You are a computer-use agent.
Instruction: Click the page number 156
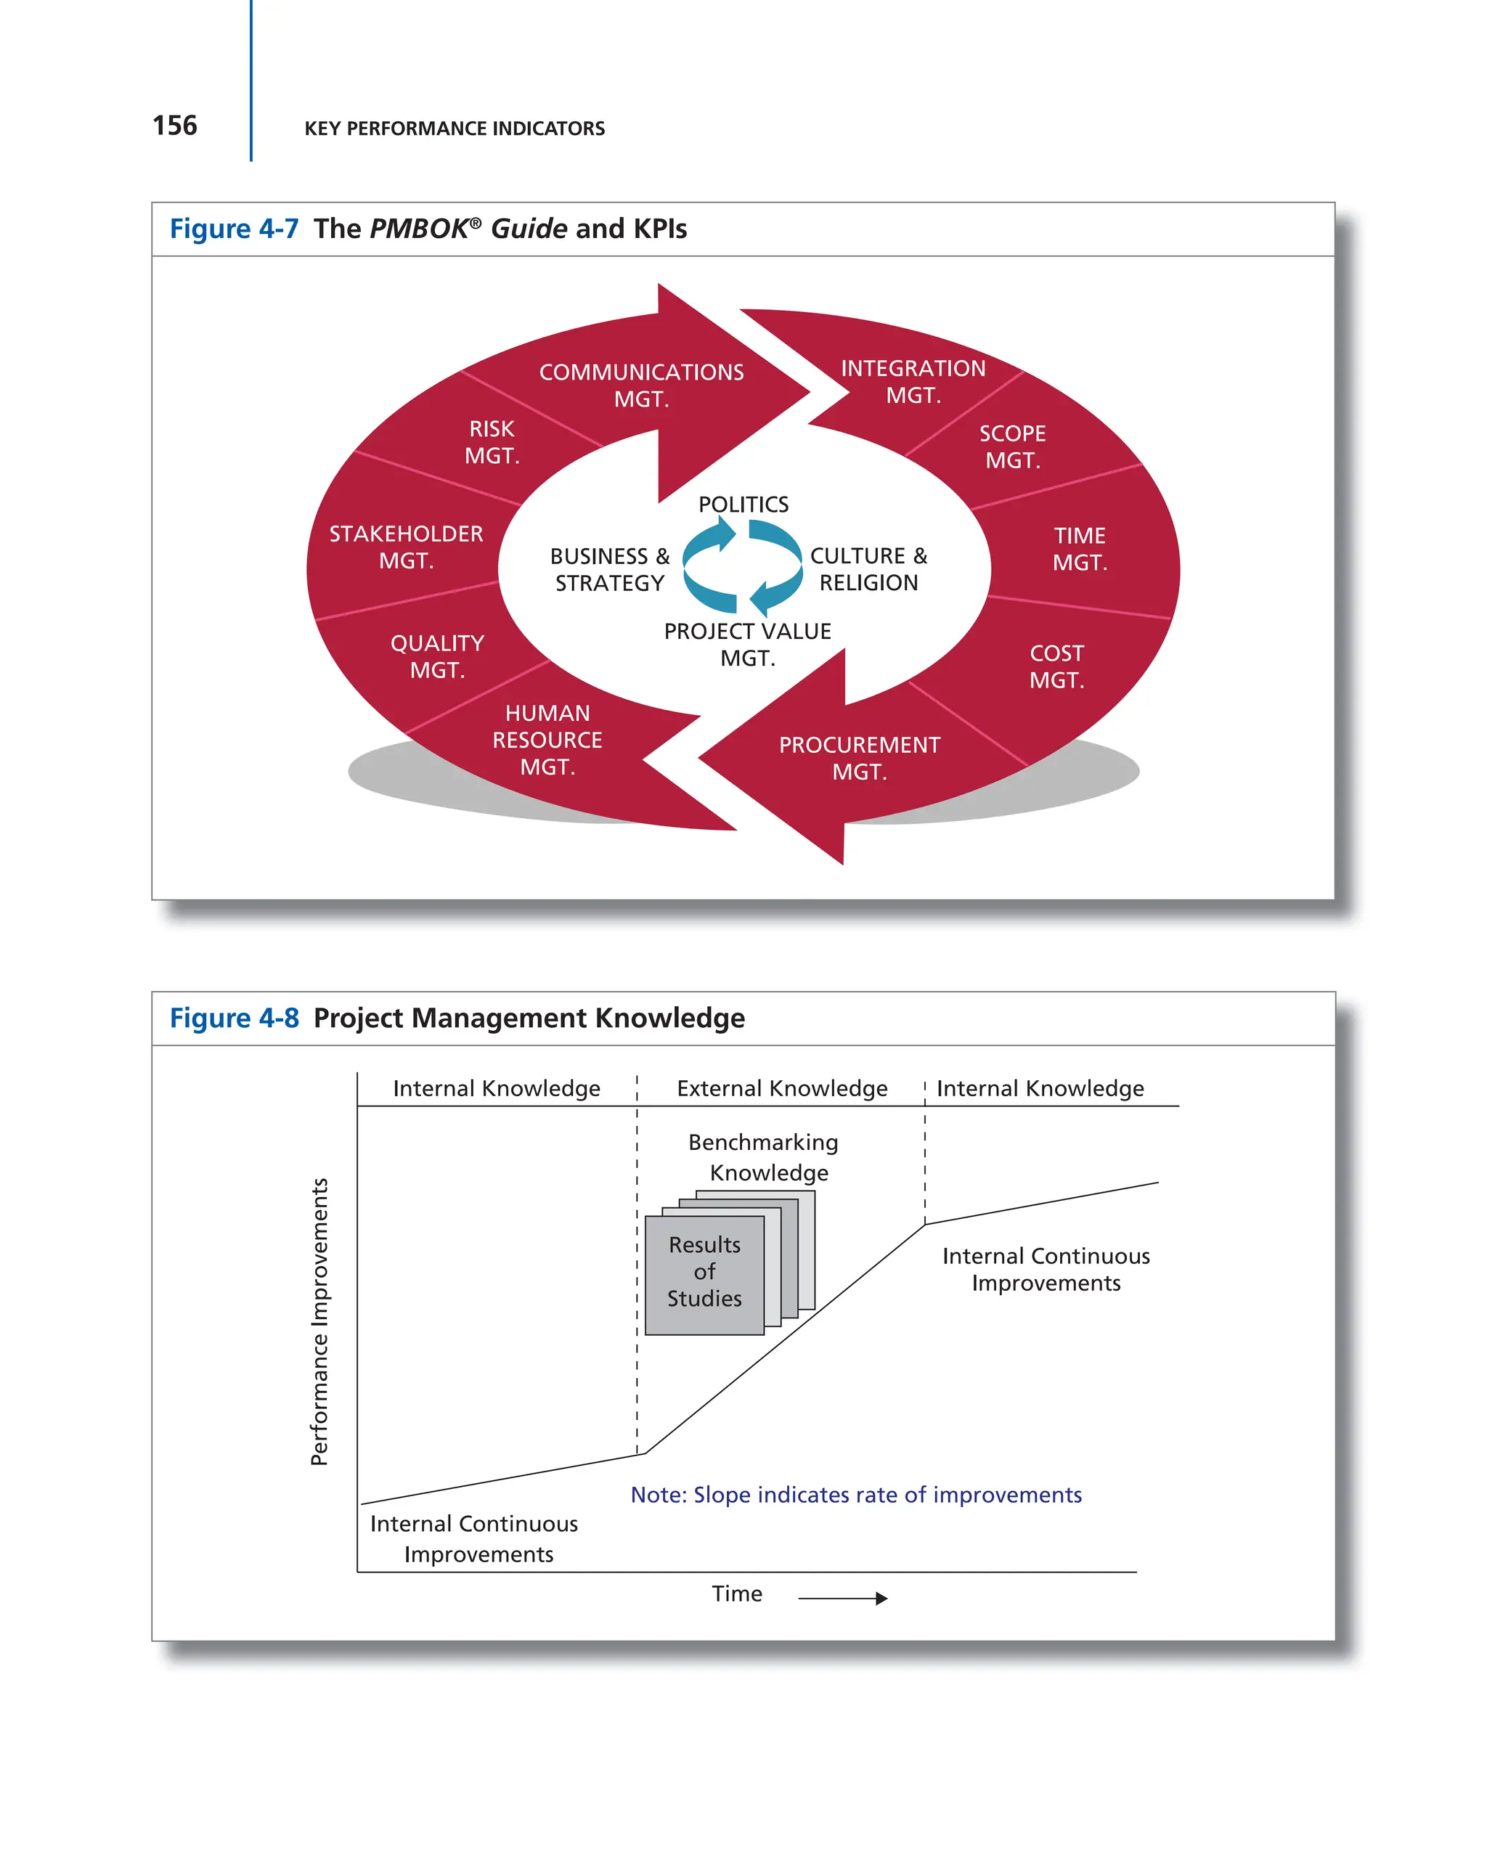[175, 126]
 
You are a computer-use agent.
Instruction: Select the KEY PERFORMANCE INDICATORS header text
[454, 129]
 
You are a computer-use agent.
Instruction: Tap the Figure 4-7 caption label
[234, 229]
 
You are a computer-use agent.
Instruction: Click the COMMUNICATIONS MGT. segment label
[641, 385]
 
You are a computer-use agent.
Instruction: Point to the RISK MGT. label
[492, 442]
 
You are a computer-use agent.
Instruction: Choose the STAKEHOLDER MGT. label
[406, 547]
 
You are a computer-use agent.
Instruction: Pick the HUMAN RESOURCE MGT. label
[547, 740]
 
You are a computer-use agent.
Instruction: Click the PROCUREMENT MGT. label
[859, 758]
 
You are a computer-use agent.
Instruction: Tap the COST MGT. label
[1056, 666]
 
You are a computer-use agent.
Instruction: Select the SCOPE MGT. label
[1012, 446]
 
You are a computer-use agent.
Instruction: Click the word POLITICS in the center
[743, 505]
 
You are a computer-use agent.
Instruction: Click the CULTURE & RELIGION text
[868, 569]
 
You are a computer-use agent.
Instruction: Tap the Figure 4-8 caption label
[234, 1018]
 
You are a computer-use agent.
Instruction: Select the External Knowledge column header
[782, 1088]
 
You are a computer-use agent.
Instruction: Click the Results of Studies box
[704, 1272]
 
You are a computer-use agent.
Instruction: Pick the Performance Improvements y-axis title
[319, 1321]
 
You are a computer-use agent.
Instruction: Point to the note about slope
[855, 1495]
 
